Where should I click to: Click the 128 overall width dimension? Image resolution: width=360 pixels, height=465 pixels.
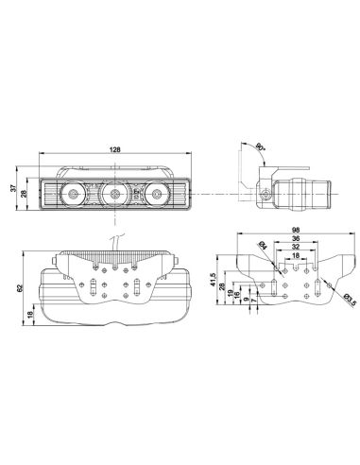[115, 149]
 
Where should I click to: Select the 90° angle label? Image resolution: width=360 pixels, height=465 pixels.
[260, 146]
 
